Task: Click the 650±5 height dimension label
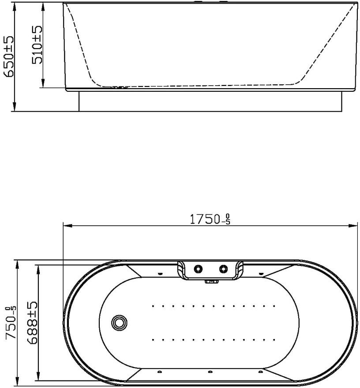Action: pyautogui.click(x=9, y=57)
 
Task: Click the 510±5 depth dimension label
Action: pyautogui.click(x=37, y=45)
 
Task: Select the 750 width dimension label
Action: pyautogui.click(x=11, y=323)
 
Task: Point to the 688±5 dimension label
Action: pyautogui.click(x=33, y=323)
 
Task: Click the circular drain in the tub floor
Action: pyautogui.click(x=120, y=322)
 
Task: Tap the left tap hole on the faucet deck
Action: pyautogui.click(x=198, y=268)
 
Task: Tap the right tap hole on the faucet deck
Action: pyautogui.click(x=223, y=268)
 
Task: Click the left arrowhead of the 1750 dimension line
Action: pyautogui.click(x=67, y=225)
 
